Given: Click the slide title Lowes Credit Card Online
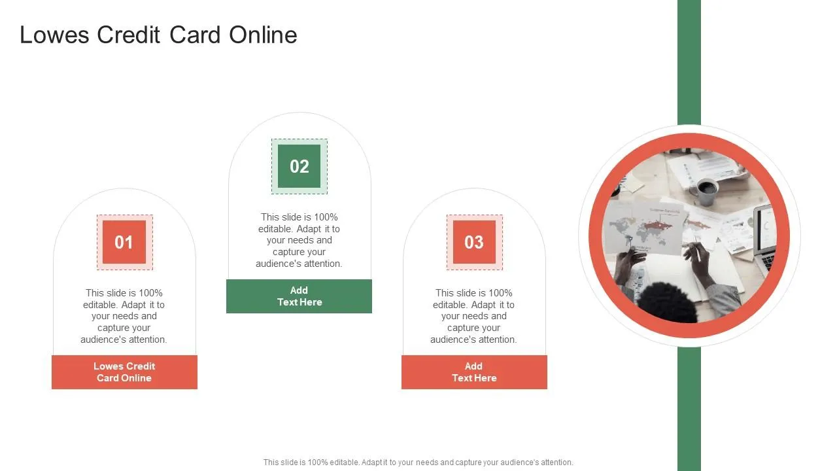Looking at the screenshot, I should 158,35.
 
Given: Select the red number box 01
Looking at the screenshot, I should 124,242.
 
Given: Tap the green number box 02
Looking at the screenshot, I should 299,166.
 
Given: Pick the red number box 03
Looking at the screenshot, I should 474,242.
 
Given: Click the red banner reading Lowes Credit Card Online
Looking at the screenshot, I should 124,372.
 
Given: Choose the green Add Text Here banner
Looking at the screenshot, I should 299,296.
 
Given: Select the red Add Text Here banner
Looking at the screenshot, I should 474,372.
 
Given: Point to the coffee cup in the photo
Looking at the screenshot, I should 706,190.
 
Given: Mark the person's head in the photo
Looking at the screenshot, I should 667,304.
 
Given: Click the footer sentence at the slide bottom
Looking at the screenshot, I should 418,462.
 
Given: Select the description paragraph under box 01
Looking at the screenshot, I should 124,316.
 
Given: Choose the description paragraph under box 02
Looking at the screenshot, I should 299,240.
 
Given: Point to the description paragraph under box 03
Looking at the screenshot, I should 474,316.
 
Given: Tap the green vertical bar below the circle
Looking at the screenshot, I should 689,409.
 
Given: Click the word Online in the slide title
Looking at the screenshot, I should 263,35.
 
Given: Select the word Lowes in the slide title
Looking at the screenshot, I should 56,35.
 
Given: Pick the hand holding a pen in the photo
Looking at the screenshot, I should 698,258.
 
